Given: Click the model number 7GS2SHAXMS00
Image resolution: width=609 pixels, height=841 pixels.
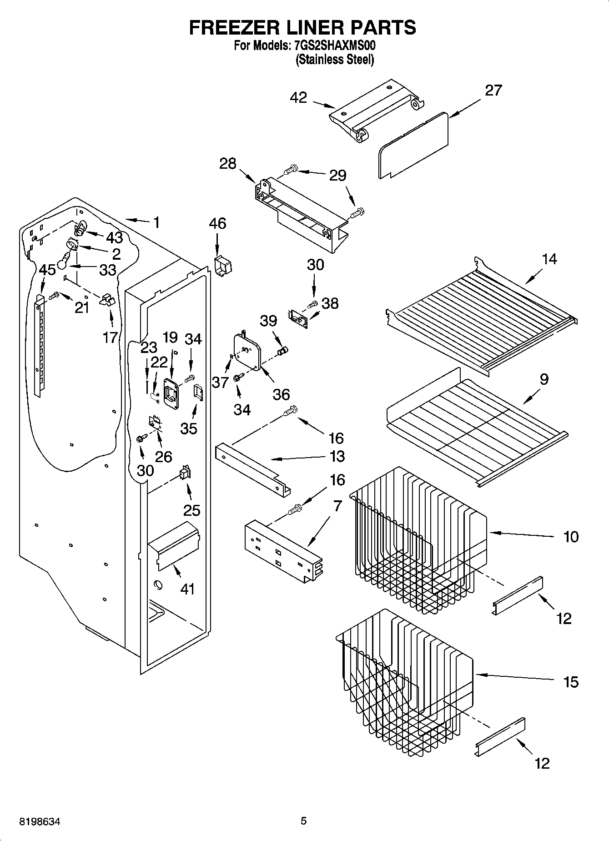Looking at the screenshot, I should pos(334,45).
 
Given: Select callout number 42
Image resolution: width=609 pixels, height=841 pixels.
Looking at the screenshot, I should pos(298,97).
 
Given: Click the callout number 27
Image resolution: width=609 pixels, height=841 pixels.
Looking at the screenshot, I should pos(493,90).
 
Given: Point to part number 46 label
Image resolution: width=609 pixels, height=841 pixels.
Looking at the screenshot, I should pos(217,223).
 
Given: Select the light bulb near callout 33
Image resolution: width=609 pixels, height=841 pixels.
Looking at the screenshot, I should pos(63,263).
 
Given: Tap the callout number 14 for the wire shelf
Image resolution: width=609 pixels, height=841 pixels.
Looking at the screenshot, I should pos(549,259).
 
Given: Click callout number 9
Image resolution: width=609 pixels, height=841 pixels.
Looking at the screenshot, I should pos(544,379).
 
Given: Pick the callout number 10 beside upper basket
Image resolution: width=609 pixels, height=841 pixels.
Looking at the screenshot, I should pos(571,537).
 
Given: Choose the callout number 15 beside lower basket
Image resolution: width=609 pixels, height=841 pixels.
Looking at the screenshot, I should pos(571,682).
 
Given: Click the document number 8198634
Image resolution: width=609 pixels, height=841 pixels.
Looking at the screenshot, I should pos(40,821).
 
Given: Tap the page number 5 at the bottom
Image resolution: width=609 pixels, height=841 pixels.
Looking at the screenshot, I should pos(304,821).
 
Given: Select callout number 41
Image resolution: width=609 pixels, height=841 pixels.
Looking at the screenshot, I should pos(187,589).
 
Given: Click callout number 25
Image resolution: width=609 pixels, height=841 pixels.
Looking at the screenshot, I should pos(191,510).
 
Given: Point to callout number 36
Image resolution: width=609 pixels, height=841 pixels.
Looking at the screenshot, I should pos(282,394).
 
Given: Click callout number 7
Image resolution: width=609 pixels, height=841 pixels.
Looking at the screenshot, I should pos(337,506).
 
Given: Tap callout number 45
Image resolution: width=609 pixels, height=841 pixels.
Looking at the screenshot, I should pos(47,270).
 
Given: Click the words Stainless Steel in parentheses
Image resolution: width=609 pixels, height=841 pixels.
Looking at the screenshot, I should pos(335,59).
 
